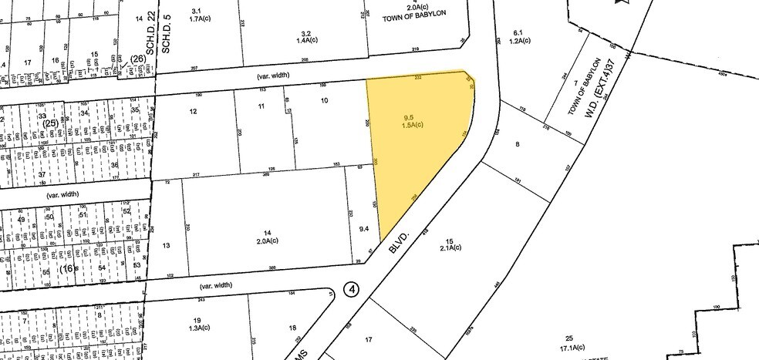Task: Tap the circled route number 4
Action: pyautogui.click(x=352, y=290)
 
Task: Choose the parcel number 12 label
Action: pyautogui.click(x=193, y=112)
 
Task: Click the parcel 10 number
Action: pyautogui.click(x=324, y=101)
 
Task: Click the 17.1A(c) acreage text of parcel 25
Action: pyautogui.click(x=569, y=347)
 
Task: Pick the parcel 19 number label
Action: pyautogui.click(x=197, y=321)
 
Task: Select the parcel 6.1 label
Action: pyautogui.click(x=518, y=32)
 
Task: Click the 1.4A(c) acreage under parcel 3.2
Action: pyautogui.click(x=305, y=44)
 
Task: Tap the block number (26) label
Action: pyautogui.click(x=138, y=59)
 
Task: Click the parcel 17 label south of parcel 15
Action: pyautogui.click(x=369, y=338)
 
